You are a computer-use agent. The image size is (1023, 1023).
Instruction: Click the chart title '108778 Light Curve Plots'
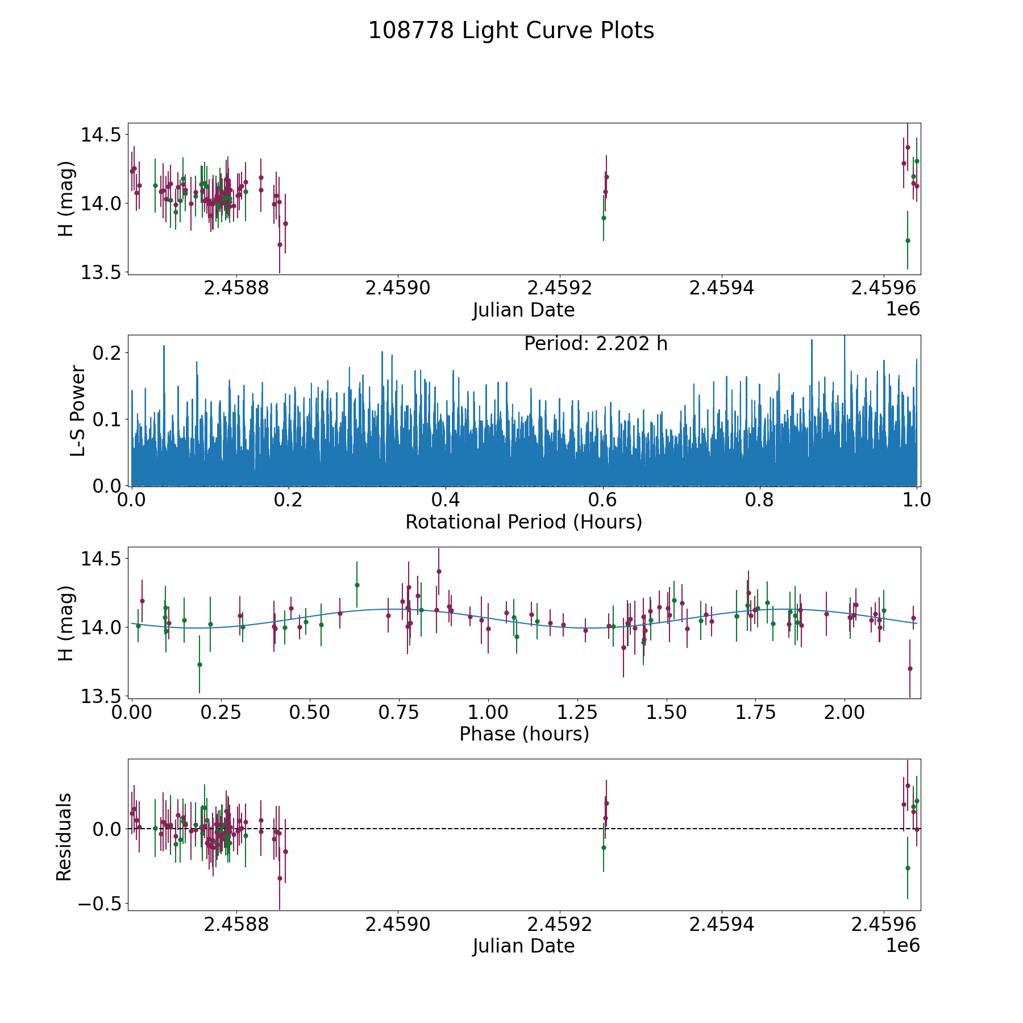511,31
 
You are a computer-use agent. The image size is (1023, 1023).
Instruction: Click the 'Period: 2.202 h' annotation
596,344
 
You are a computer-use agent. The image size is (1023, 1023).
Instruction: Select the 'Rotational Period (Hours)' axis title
523,522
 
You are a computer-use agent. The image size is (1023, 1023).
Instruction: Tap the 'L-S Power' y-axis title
78,411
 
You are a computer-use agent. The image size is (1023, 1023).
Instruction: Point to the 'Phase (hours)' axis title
523,734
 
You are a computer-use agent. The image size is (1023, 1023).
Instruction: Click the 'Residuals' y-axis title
64,837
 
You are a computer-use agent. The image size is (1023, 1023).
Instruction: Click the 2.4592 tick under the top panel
560,288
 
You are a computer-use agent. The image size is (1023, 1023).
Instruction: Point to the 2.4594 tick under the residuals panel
722,925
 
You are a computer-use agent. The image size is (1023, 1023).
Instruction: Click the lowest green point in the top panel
908,240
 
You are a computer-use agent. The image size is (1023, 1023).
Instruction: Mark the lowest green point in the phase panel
199,664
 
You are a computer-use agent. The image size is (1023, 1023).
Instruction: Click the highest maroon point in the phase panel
439,571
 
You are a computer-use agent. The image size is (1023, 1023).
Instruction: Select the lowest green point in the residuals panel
908,868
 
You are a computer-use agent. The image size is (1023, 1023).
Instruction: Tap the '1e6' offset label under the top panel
903,309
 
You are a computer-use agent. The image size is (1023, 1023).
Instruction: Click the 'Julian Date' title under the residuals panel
523,946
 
